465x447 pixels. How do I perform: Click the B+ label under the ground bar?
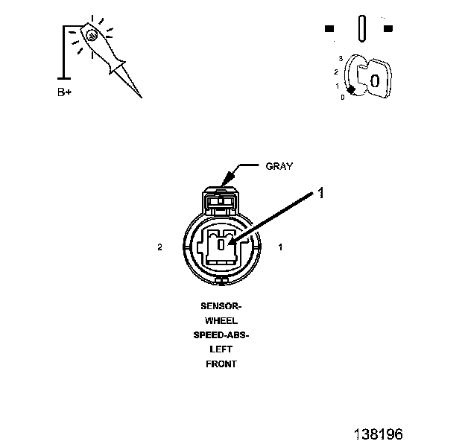tap(66, 93)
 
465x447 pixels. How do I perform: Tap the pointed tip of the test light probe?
tap(139, 96)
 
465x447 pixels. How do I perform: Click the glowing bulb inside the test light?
tap(90, 34)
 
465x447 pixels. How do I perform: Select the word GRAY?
tap(279, 166)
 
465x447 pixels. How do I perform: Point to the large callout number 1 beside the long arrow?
tap(320, 193)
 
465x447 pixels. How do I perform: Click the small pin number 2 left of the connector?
tap(160, 247)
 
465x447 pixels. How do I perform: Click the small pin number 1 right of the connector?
tap(280, 247)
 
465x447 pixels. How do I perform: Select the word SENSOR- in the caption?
tap(221, 306)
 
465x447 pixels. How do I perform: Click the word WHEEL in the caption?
tap(221, 321)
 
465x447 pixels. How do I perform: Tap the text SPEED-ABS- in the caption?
tap(221, 335)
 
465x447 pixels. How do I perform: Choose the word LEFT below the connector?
tap(221, 349)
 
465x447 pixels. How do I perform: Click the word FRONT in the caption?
tap(221, 364)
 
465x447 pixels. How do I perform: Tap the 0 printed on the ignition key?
tap(375, 80)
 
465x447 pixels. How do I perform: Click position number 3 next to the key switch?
tap(340, 57)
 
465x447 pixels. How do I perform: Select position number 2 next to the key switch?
tap(336, 72)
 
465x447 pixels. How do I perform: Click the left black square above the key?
tap(329, 29)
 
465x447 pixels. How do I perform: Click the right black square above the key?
tap(387, 29)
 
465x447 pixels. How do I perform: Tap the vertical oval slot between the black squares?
tap(361, 28)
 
